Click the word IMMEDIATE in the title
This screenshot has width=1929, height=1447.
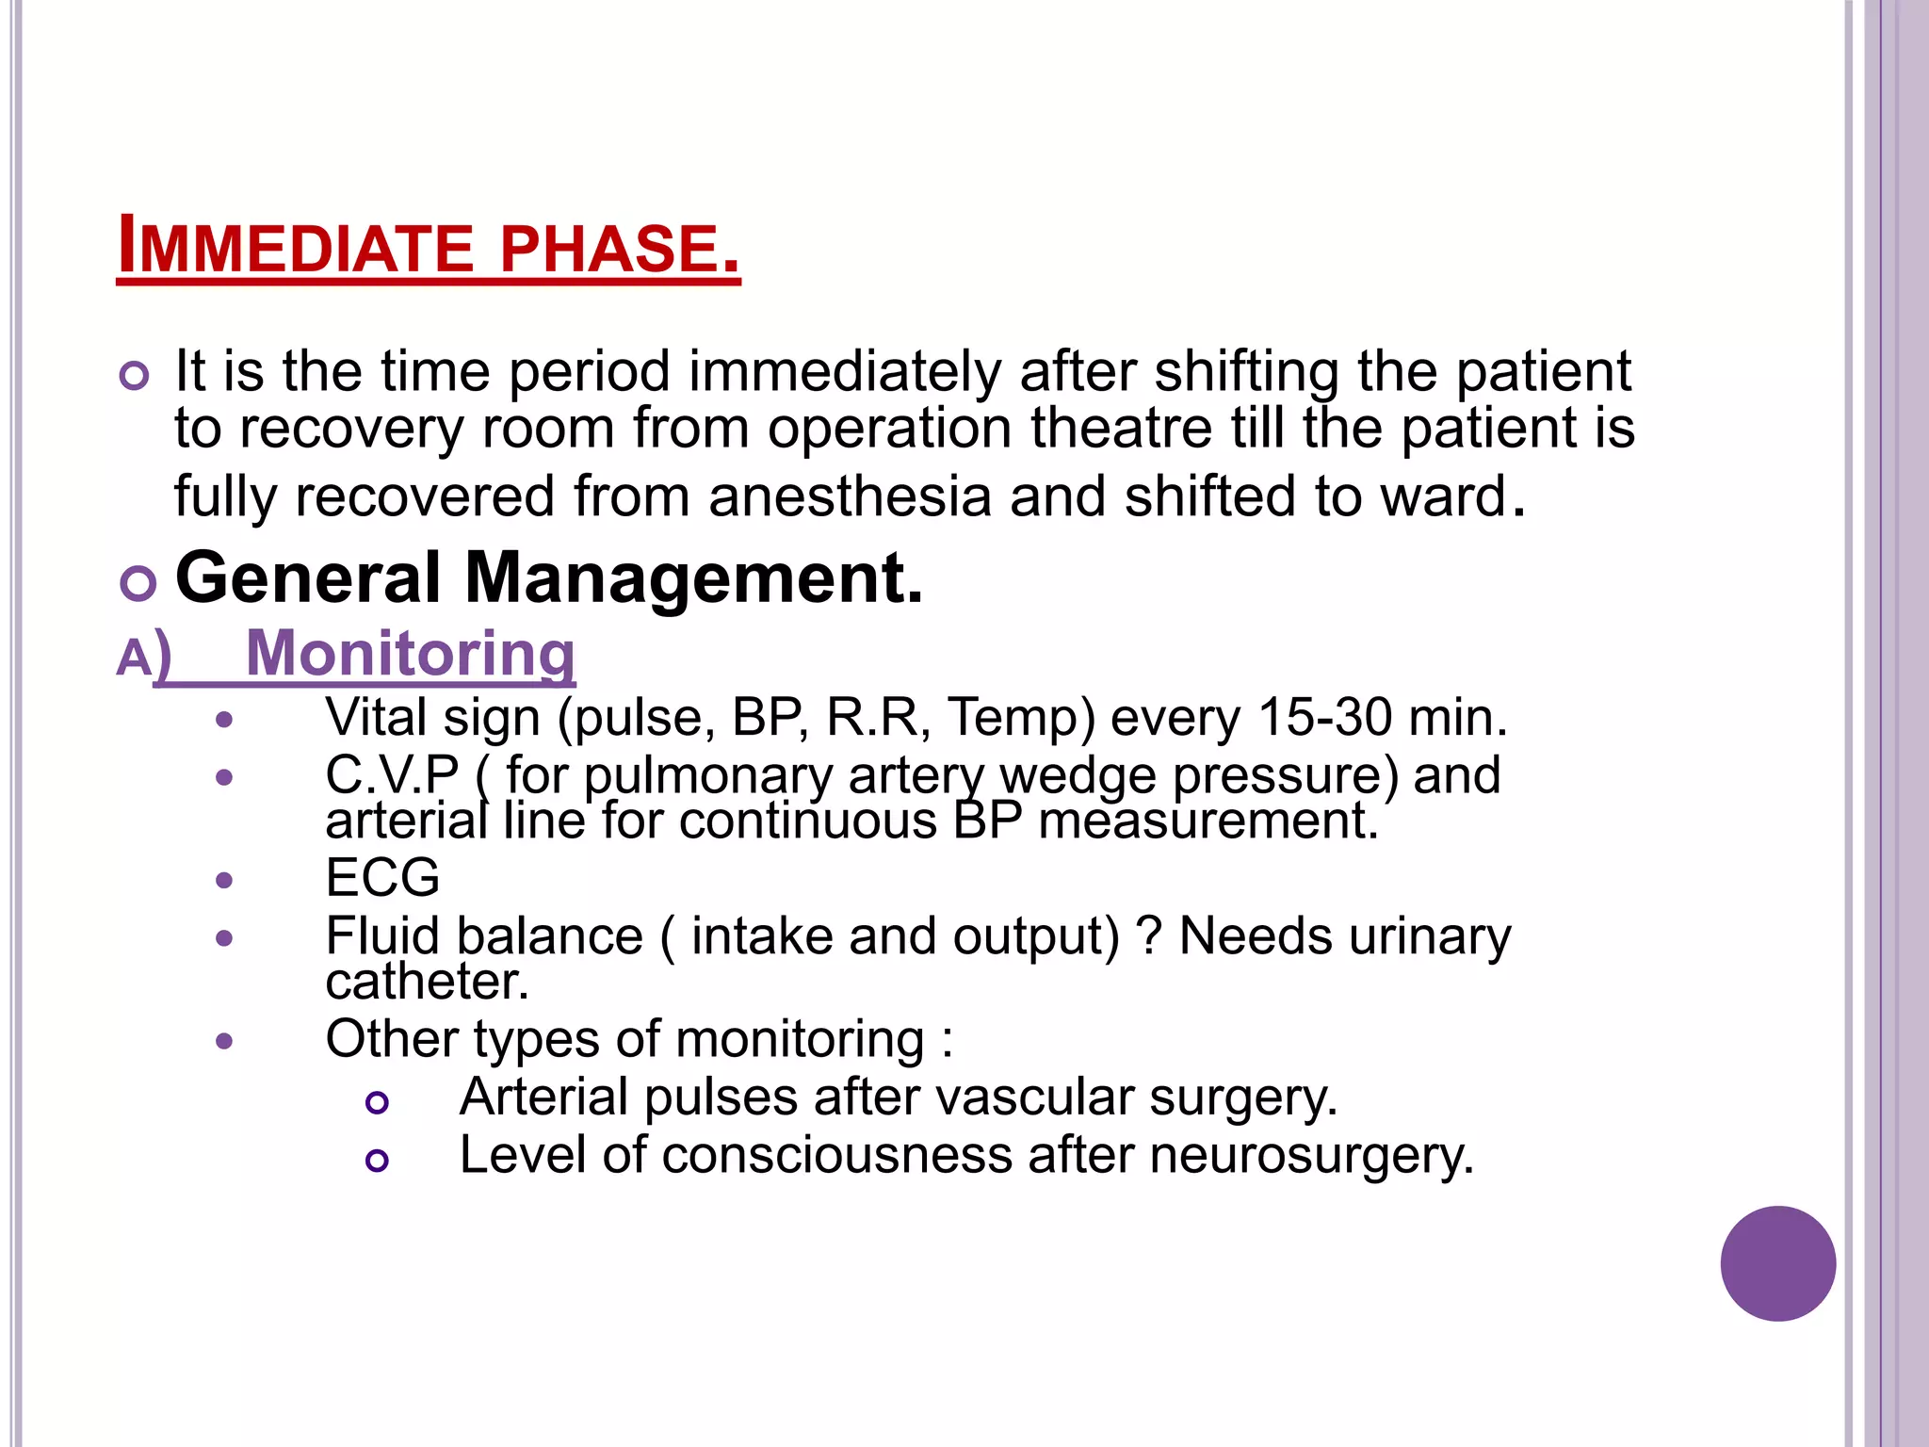[x=295, y=250]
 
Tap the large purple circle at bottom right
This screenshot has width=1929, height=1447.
[x=1777, y=1263]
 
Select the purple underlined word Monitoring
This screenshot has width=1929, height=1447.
[x=410, y=653]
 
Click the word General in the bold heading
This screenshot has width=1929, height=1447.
[x=308, y=577]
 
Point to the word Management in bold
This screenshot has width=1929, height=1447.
[x=693, y=577]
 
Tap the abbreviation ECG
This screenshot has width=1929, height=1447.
[x=382, y=878]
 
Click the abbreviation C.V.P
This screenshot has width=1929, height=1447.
[x=392, y=775]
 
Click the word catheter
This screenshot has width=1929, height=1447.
[x=427, y=982]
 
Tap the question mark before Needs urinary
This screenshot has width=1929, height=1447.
[x=1149, y=936]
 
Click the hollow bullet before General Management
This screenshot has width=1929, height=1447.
[x=138, y=584]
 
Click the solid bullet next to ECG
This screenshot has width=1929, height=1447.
[x=224, y=881]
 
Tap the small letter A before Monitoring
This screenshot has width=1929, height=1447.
[x=133, y=658]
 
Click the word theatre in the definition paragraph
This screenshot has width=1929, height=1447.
[x=1121, y=429]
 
